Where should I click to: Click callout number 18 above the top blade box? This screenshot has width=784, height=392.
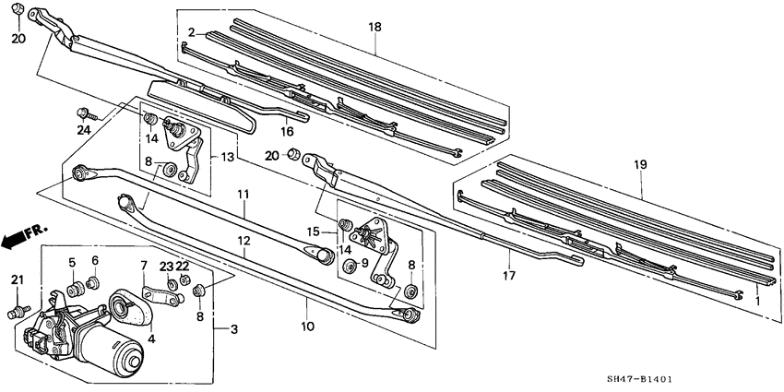[374, 29]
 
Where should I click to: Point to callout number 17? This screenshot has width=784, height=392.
[508, 274]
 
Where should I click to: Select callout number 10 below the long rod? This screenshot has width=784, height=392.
[306, 326]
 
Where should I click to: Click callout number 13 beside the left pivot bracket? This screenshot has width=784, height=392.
[229, 159]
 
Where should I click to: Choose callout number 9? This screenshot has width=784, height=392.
[363, 264]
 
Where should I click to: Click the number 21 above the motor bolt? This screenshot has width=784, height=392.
[16, 279]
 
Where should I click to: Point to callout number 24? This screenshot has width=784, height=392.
[84, 129]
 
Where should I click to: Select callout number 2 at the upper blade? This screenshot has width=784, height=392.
[191, 33]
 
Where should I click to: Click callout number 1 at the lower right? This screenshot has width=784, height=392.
[758, 299]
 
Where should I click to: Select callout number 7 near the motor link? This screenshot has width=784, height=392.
[144, 267]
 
